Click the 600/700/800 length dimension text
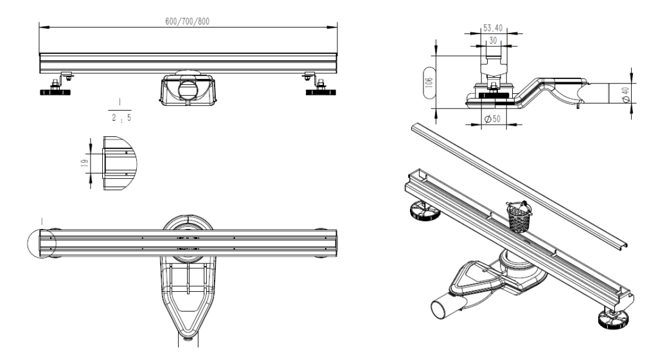(187, 21)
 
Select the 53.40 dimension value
(493, 28)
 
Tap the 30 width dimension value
(493, 40)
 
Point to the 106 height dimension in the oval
(429, 82)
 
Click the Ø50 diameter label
(493, 119)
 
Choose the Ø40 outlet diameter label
(626, 94)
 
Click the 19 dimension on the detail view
(85, 162)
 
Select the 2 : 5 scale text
(121, 118)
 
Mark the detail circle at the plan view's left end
(27, 244)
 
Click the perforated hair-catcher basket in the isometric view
(519, 217)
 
